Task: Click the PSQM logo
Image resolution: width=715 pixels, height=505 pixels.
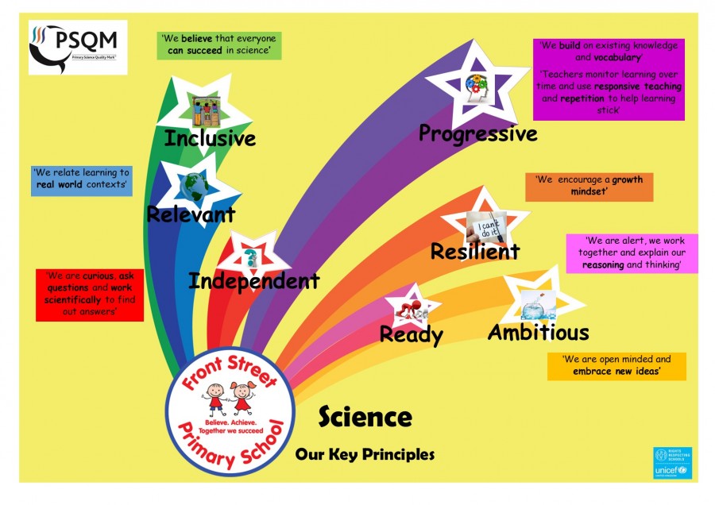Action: pos(77,48)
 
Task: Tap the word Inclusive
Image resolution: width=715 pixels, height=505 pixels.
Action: pos(210,139)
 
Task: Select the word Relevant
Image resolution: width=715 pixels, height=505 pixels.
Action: pos(191,214)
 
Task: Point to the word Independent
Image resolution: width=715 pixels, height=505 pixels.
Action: pos(254,280)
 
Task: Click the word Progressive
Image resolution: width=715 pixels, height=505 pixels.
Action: pos(477,133)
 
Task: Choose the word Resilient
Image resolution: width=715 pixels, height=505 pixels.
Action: pos(474,252)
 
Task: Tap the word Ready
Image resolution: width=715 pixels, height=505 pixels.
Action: pos(411,334)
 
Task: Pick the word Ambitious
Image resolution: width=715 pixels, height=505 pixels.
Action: pos(538,332)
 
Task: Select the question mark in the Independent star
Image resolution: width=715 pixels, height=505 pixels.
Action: pos(251,256)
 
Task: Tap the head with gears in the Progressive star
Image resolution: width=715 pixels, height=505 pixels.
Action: pos(477,86)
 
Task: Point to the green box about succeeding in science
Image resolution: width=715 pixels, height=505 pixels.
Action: pos(219,44)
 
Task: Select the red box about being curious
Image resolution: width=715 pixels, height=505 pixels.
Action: pos(89,294)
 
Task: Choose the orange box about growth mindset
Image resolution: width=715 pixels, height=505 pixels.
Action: pos(584,186)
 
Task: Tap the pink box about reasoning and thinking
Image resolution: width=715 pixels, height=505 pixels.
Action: pos(632,252)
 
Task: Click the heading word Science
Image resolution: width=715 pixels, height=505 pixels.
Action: pos(365,416)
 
